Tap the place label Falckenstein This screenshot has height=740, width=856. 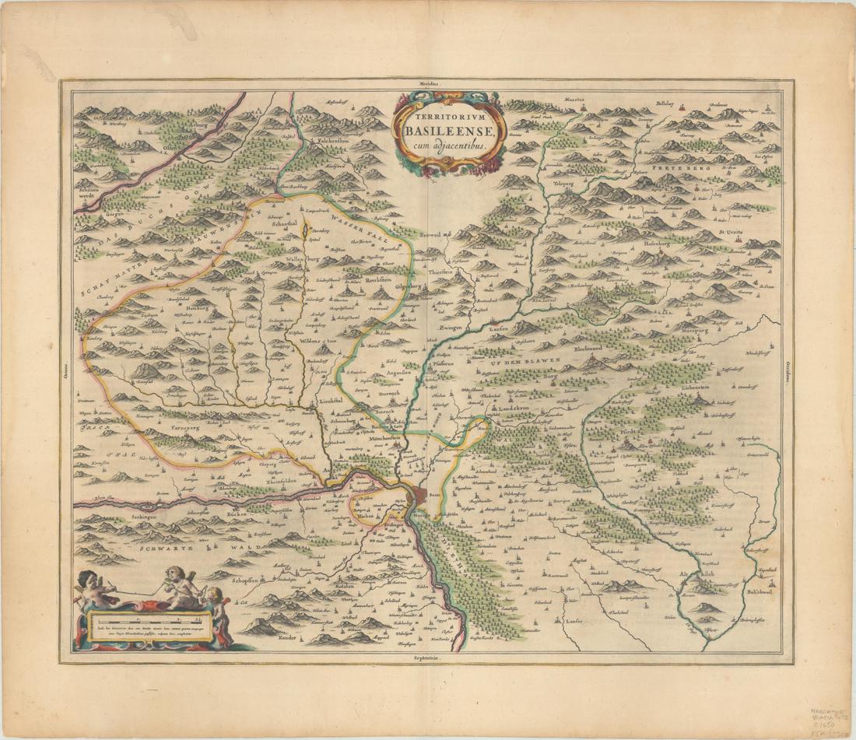tap(332, 140)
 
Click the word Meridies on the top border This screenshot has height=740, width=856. tap(428, 82)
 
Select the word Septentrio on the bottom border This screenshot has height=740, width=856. tap(427, 659)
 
